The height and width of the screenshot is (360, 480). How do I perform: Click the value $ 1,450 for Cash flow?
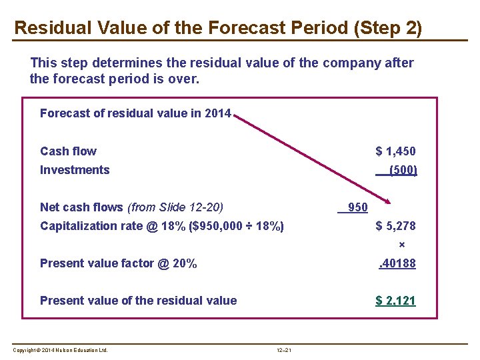click(395, 151)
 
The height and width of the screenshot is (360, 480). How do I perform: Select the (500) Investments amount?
click(402, 170)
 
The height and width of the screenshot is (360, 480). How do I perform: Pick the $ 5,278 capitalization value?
click(395, 226)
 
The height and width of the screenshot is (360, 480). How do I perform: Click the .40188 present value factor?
click(397, 263)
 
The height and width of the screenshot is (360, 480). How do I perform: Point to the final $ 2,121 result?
click(395, 301)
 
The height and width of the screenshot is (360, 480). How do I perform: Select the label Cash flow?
click(68, 151)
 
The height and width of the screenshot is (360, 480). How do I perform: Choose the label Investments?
click(75, 170)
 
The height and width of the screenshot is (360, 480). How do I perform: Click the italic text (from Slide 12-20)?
click(175, 207)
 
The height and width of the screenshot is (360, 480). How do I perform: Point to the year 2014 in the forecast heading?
click(218, 113)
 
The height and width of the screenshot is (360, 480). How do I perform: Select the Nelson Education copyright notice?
click(60, 351)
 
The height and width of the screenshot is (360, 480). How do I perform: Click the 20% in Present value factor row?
click(185, 263)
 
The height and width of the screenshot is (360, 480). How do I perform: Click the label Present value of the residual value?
click(138, 301)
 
